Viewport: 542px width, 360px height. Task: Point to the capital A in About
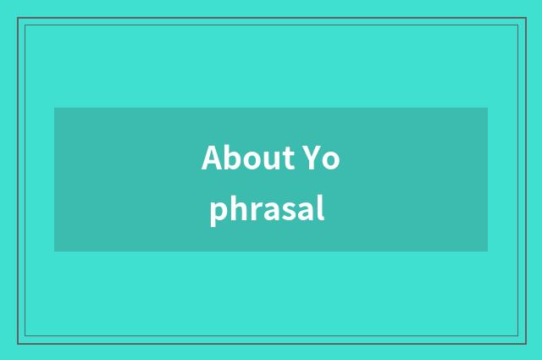tap(212, 158)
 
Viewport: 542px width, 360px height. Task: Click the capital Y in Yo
tap(311, 158)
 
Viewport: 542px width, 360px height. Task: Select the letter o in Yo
tap(330, 161)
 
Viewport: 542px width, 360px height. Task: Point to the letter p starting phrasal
tap(218, 213)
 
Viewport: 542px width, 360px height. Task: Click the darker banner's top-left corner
tap(54, 108)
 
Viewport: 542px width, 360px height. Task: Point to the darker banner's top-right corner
tap(488, 108)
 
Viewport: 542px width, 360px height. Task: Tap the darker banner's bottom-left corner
tap(54, 252)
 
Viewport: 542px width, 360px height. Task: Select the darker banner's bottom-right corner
tap(488, 252)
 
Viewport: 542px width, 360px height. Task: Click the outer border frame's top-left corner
tap(18, 18)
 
